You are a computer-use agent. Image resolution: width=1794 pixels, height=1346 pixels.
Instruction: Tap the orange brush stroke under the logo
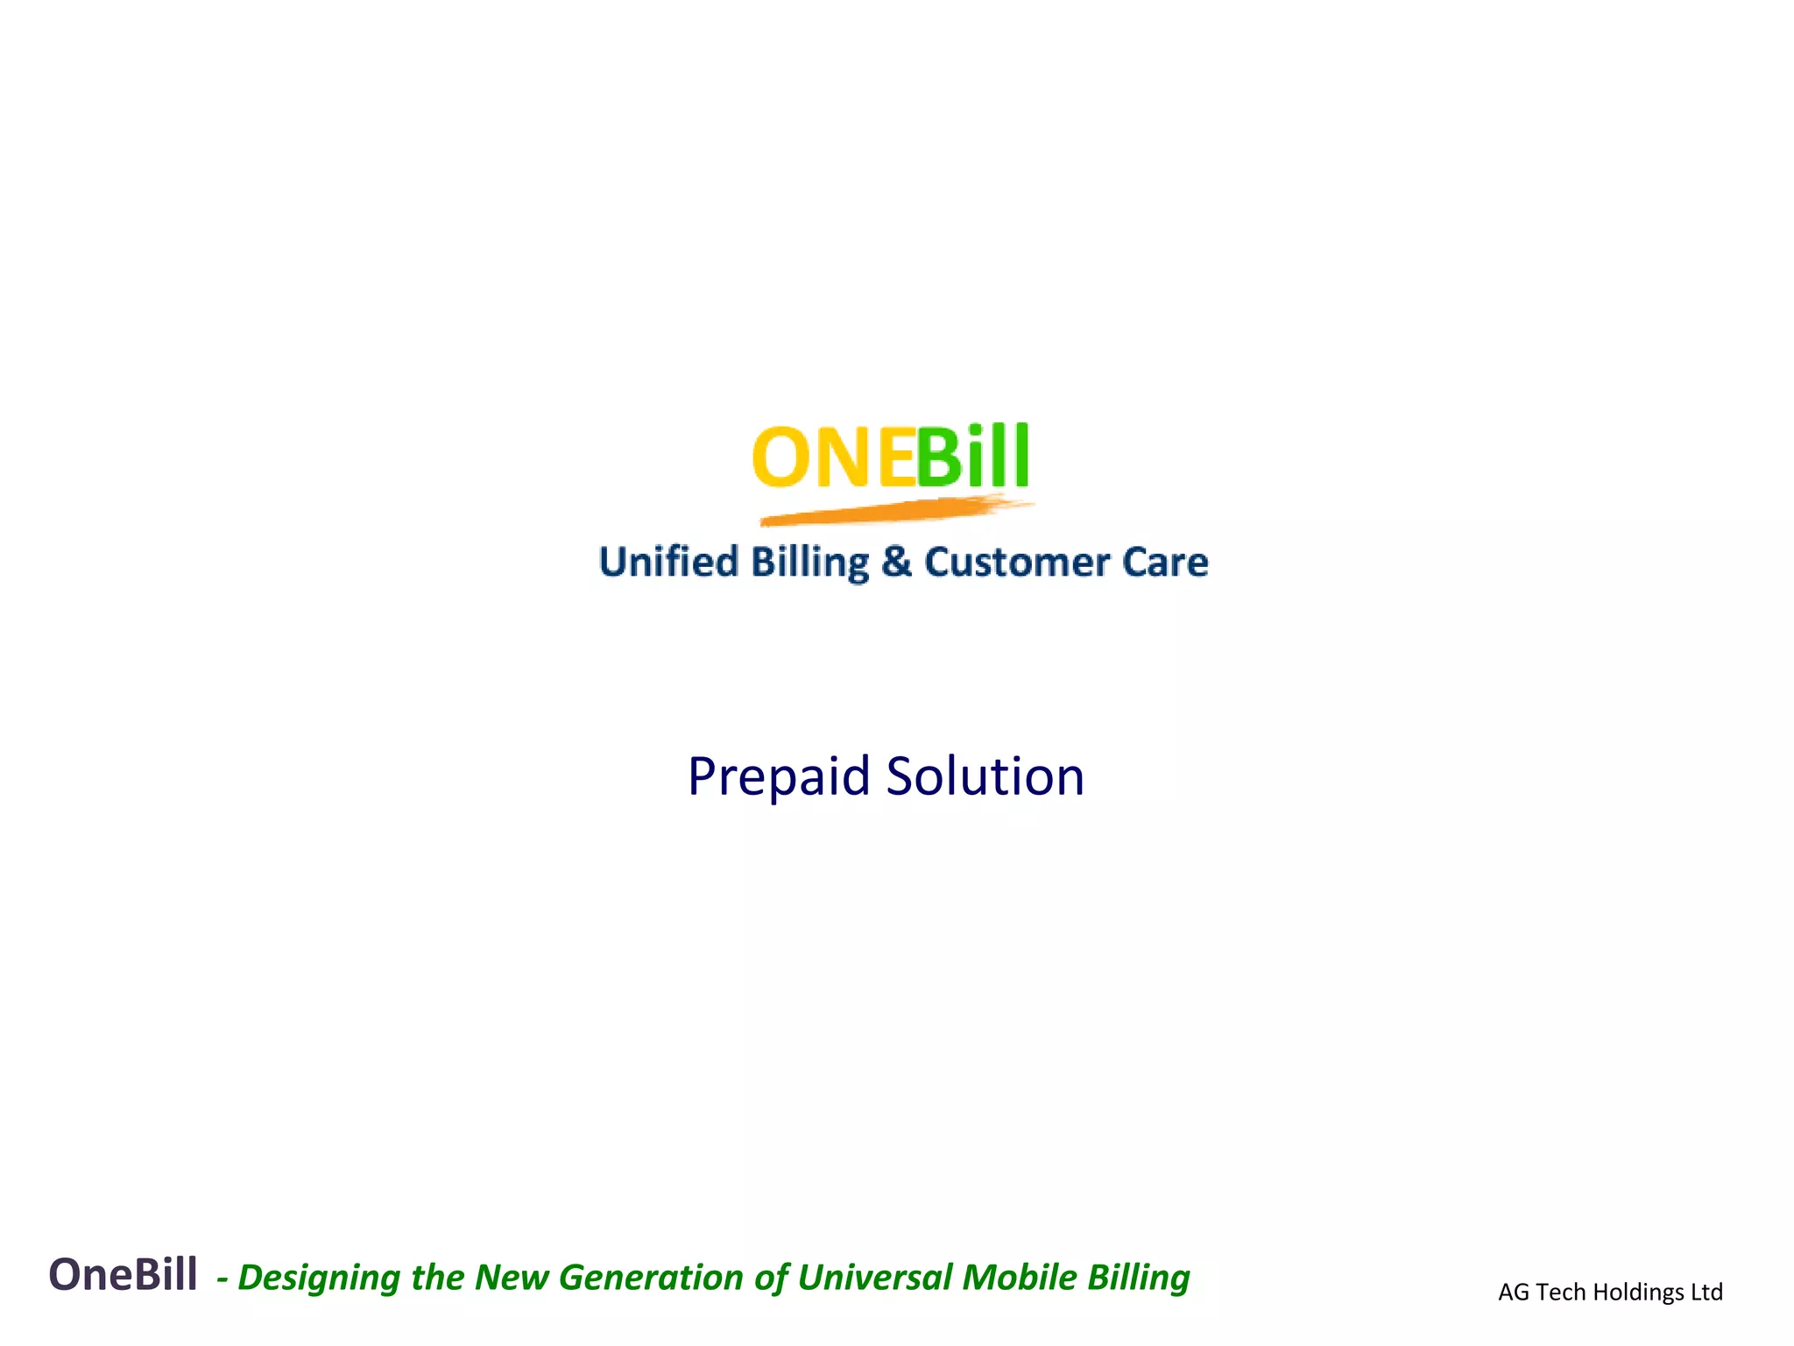893,511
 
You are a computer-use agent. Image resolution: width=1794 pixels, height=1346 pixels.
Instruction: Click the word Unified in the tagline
668,562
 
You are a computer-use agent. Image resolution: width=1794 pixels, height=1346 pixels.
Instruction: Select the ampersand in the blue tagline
896,562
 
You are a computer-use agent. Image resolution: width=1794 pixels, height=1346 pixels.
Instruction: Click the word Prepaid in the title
779,777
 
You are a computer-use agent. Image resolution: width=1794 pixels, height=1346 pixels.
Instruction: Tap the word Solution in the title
985,777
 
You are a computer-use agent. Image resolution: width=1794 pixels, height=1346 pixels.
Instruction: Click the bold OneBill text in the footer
123,1275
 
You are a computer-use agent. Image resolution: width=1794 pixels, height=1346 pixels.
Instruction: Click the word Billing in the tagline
810,562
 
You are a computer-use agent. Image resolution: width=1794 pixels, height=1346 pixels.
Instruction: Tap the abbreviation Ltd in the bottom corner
1707,1293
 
